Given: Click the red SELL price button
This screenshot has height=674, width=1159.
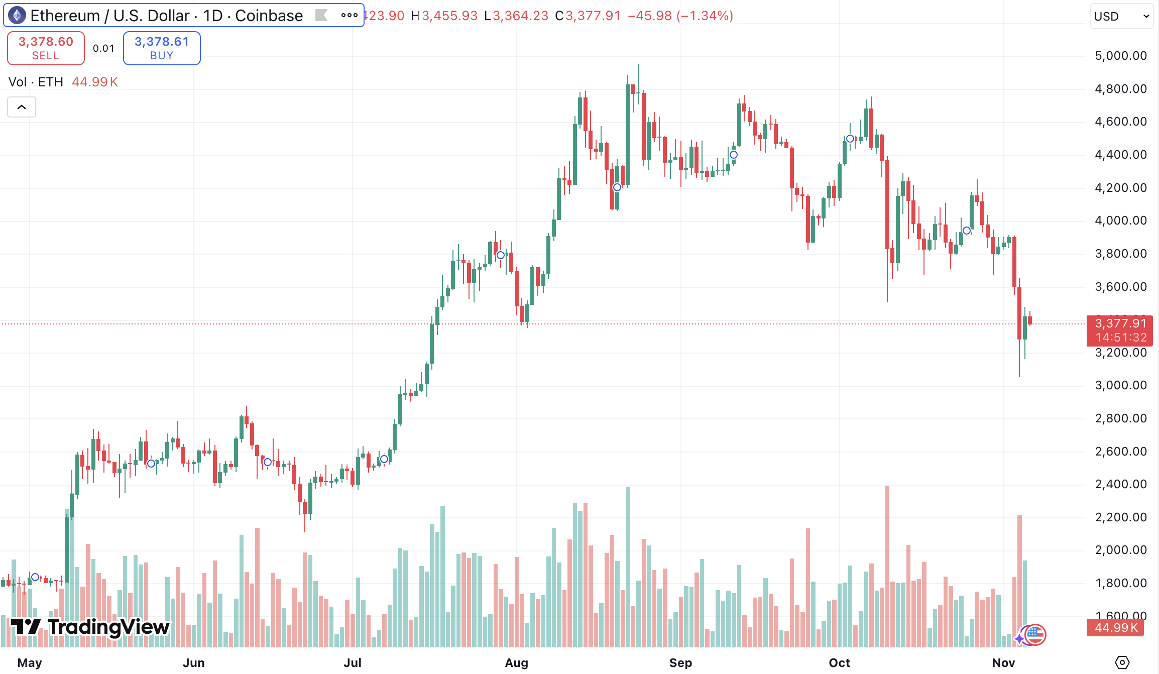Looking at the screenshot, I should pos(46,48).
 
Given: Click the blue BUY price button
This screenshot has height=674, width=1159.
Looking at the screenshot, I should pos(162,48).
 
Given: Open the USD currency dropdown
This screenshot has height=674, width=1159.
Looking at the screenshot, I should pos(1121,16).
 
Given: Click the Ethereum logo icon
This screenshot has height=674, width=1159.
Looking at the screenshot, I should pos(17,16).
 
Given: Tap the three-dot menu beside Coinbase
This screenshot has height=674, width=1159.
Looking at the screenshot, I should pos(349,16).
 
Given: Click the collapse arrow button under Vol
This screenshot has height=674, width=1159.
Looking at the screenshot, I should pos(22,107).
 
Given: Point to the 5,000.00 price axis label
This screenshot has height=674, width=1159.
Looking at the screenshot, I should pos(1121,56).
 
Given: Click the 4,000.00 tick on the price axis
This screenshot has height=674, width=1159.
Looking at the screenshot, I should pos(1121,220).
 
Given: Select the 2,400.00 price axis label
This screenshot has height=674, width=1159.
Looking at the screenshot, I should pos(1121,484).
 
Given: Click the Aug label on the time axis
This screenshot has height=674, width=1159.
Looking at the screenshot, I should pos(517,663).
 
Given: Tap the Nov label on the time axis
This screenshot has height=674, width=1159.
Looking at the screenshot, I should pos(1003,663).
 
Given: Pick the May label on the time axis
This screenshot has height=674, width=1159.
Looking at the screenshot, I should pos(30,663).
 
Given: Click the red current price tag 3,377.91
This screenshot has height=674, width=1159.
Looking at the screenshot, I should pos(1120,324).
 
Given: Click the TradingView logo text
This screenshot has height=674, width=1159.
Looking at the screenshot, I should pos(90,627).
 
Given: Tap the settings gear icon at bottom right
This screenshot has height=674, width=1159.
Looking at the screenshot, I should pos(1122,662).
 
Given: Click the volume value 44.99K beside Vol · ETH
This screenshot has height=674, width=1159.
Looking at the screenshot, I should pos(95,82).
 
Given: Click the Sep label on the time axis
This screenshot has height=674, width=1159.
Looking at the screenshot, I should pos(680,663).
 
